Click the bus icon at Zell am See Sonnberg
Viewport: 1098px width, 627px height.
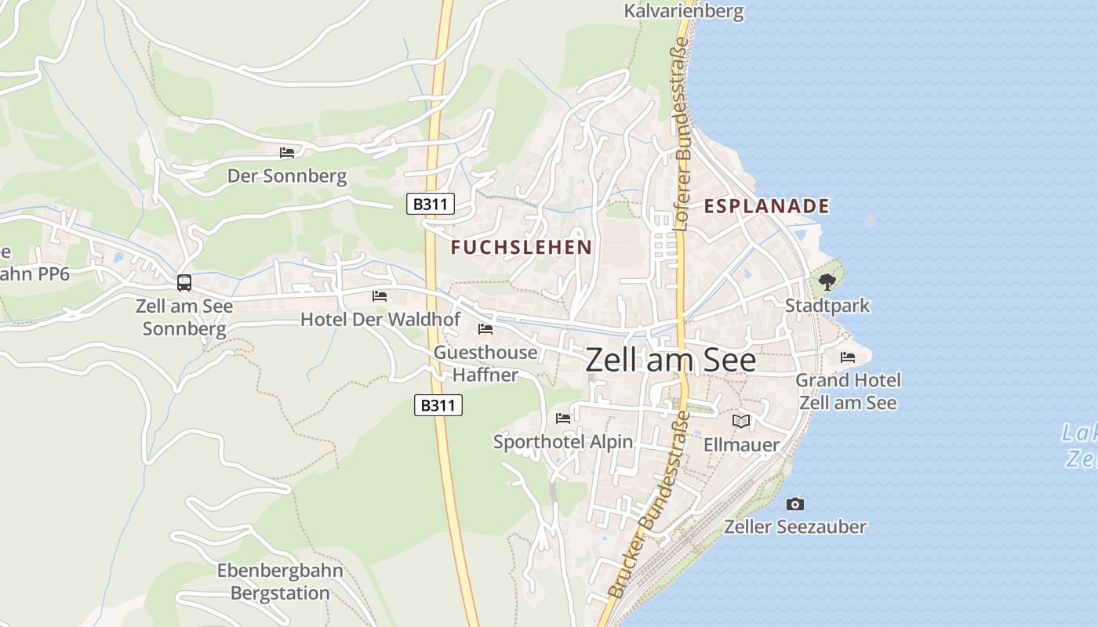[x=184, y=282]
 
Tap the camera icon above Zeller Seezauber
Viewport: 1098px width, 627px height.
[x=795, y=504]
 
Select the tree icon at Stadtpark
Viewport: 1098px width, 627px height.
[x=827, y=282]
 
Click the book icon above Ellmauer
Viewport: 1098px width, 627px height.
[x=741, y=422]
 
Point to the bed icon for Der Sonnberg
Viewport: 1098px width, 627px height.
[x=287, y=152]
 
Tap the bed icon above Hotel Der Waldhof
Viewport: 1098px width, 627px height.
[x=380, y=295]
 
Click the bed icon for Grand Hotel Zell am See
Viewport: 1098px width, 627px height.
[x=848, y=357]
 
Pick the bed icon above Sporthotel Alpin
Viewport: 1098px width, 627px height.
[x=563, y=418]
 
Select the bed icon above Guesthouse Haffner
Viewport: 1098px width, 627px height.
[x=485, y=328]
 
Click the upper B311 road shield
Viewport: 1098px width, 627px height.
[x=431, y=205]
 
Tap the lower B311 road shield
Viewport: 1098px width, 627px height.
[x=438, y=405]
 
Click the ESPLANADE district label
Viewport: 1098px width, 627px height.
[x=766, y=206]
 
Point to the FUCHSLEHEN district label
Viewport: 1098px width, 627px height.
[x=522, y=248]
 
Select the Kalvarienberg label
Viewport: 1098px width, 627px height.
[x=683, y=11]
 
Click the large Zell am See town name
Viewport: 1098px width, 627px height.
[x=671, y=361]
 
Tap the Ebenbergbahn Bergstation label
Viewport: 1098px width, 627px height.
[x=280, y=582]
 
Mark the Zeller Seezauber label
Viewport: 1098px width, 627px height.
[x=795, y=527]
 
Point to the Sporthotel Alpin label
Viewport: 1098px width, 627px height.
[x=563, y=442]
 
